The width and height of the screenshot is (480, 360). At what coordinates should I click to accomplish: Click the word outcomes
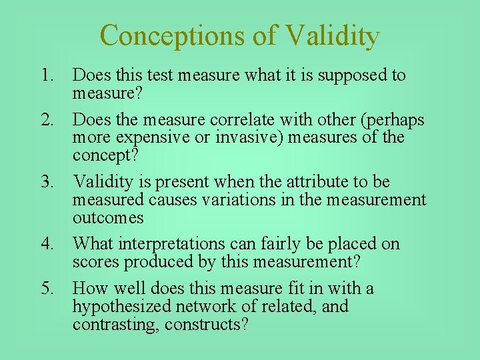(x=107, y=217)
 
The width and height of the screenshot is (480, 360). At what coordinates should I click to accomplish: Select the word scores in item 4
(x=96, y=261)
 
